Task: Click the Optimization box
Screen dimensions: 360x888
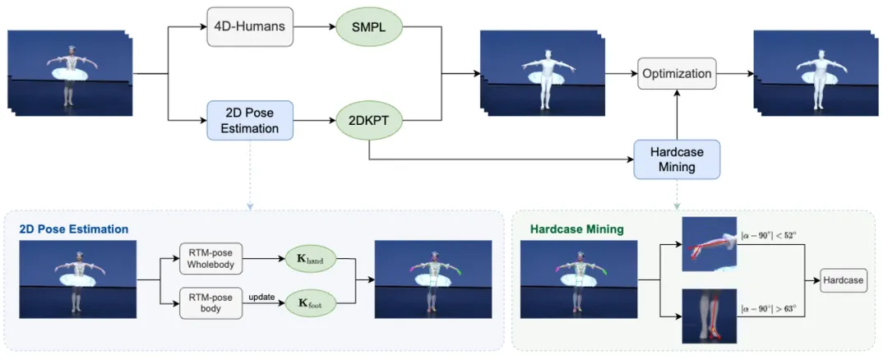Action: point(676,74)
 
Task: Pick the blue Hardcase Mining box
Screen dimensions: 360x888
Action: point(676,159)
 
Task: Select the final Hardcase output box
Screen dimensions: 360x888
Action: point(843,280)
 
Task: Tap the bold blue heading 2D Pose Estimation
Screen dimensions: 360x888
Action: point(74,228)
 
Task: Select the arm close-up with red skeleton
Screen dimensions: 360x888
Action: point(709,244)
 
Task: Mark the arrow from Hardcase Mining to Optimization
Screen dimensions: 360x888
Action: point(676,115)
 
